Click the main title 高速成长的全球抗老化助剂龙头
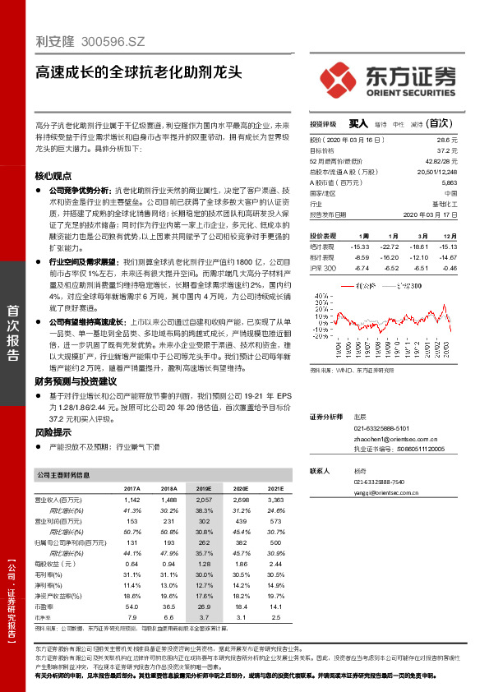click(x=138, y=71)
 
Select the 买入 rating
click(x=358, y=122)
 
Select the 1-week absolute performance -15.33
click(x=359, y=246)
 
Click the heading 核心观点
click(x=53, y=176)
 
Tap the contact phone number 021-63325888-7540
click(x=379, y=482)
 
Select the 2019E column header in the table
click(x=204, y=488)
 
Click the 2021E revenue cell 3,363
click(x=276, y=499)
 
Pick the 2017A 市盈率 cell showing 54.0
click(x=131, y=606)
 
